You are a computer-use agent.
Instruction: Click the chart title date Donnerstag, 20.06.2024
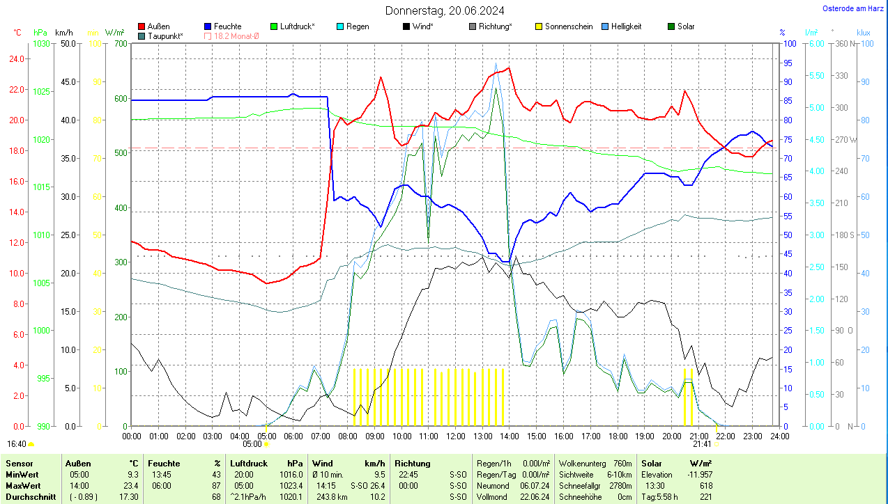[x=445, y=10]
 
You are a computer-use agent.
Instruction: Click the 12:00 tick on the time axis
[x=455, y=436]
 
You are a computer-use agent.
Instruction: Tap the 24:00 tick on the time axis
[x=779, y=436]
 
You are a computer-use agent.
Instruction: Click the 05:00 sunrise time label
[x=252, y=443]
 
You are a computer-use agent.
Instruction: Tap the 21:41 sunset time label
[x=702, y=443]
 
